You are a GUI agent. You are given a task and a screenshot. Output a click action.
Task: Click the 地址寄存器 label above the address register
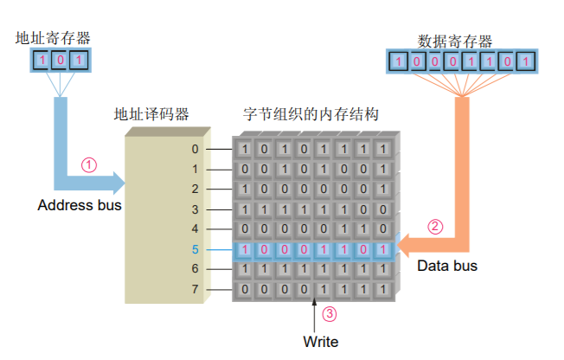(53, 38)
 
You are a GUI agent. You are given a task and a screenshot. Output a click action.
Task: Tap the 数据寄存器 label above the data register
(455, 41)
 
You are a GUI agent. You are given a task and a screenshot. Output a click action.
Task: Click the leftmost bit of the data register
(397, 61)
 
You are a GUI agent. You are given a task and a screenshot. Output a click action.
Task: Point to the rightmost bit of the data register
(527, 61)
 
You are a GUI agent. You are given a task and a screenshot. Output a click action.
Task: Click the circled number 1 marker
(88, 163)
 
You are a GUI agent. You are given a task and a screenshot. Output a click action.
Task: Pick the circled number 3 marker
(328, 314)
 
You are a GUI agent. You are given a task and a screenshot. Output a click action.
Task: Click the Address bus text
(80, 206)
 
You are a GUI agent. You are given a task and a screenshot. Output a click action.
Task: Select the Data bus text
(447, 266)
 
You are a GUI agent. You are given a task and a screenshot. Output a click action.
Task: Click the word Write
(320, 341)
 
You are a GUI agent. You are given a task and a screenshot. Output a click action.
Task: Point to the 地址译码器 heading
(151, 115)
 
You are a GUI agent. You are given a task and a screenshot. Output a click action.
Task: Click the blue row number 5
(195, 249)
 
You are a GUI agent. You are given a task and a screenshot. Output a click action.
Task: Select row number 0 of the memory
(195, 149)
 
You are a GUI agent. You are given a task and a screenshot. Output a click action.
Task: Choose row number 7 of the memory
(195, 289)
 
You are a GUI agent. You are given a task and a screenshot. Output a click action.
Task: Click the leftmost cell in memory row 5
(246, 249)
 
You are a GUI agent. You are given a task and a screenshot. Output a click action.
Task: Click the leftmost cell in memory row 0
(246, 149)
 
